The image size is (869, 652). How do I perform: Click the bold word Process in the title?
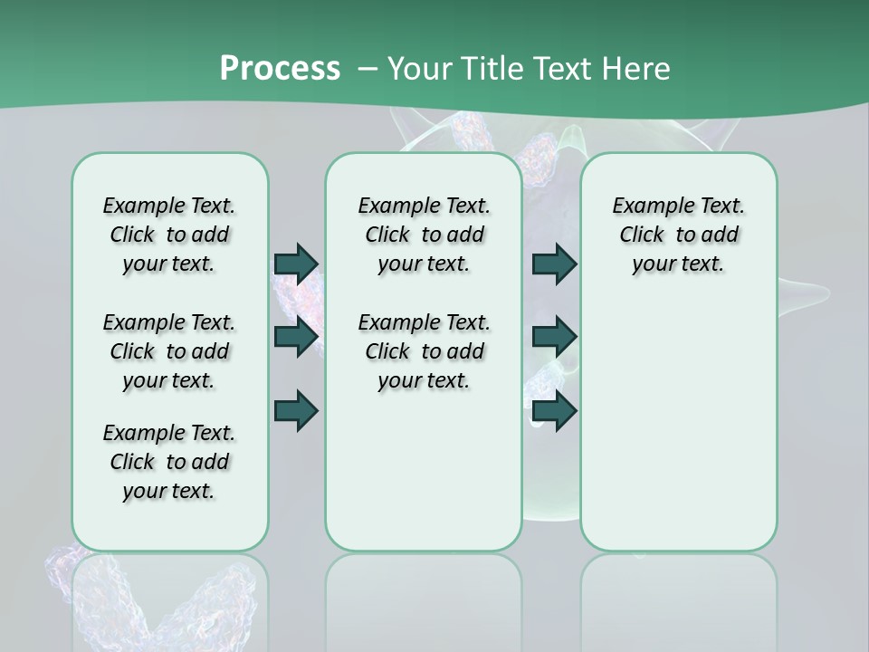(280, 68)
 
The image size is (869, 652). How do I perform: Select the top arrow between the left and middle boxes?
(296, 264)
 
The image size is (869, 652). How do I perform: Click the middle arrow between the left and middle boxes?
(296, 337)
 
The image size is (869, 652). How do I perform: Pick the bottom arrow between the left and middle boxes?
(296, 411)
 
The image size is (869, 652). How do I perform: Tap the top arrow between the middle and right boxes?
(554, 264)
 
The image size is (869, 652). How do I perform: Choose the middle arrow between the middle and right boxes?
(554, 337)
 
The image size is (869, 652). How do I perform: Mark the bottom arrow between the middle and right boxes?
(554, 411)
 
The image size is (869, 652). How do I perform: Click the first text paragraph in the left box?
(169, 235)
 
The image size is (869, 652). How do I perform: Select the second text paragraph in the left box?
(169, 351)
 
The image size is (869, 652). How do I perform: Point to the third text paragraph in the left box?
(169, 462)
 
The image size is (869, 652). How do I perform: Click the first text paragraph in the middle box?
(424, 235)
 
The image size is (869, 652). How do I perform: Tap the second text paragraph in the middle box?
(424, 351)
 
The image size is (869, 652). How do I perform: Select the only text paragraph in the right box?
(678, 235)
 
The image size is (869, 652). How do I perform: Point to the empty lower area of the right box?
(678, 426)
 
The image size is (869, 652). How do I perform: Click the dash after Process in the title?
(368, 69)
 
